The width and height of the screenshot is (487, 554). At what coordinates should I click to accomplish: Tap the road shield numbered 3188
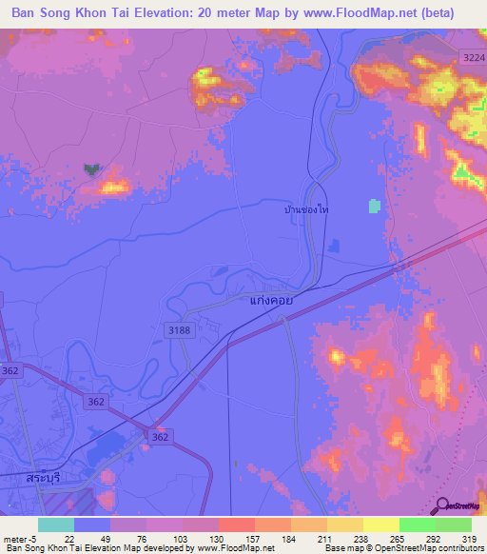tap(178, 329)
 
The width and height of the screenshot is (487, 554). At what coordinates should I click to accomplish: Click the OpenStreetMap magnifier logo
tap(443, 506)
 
